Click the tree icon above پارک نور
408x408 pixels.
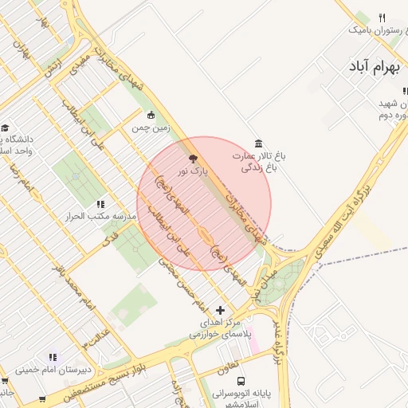tap(191, 159)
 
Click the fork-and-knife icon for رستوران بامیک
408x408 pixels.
tap(382, 18)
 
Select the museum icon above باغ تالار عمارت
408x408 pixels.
tap(257, 143)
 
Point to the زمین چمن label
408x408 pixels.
tap(151, 127)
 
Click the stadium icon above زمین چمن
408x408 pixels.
tap(152, 114)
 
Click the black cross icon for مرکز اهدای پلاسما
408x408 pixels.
tap(221, 310)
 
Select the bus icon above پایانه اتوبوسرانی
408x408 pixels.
tap(241, 382)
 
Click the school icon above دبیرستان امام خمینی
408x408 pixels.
tap(53, 357)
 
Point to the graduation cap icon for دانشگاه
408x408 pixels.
tap(5, 127)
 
